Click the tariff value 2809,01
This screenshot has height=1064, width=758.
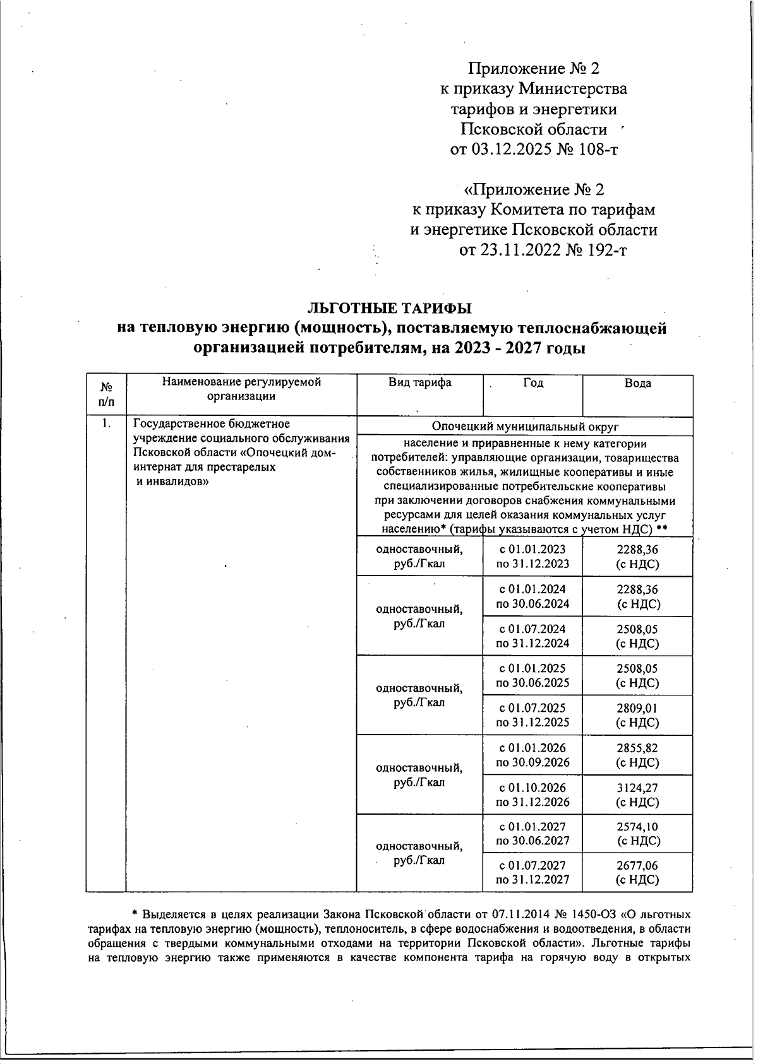click(x=637, y=708)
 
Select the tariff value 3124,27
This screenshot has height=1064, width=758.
click(x=637, y=788)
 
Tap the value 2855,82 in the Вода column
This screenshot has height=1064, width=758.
click(x=637, y=748)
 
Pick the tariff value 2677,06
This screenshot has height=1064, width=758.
click(x=637, y=865)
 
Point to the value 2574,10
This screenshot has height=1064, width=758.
click(x=637, y=826)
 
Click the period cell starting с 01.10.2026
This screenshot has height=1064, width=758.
click(x=532, y=795)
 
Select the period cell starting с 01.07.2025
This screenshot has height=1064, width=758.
click(x=532, y=715)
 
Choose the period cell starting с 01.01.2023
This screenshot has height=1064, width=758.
click(x=532, y=557)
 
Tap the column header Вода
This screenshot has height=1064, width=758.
click(x=637, y=383)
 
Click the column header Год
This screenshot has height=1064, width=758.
click(x=533, y=383)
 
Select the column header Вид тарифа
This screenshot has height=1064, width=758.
click(x=420, y=382)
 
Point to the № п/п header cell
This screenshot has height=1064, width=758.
click(x=106, y=394)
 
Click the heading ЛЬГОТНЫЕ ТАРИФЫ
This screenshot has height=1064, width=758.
click(x=389, y=308)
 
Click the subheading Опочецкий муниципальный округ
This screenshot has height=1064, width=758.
click(x=524, y=426)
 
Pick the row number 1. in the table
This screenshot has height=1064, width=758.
click(x=106, y=423)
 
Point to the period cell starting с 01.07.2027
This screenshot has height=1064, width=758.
click(x=532, y=872)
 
